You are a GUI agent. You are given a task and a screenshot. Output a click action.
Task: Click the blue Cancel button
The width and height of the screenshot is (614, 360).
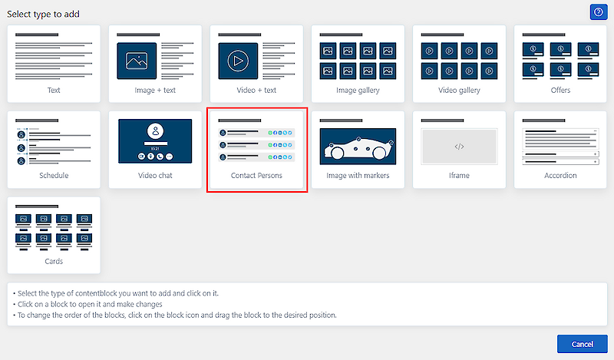point(583,344)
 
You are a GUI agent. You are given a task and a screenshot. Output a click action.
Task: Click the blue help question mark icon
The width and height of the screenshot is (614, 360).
point(599,12)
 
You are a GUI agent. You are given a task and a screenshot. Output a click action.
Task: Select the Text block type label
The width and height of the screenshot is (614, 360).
point(54,90)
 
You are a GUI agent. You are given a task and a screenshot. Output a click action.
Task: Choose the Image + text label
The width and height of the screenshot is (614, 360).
point(155,90)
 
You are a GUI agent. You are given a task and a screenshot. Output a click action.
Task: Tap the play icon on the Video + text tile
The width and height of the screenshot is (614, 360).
point(238,61)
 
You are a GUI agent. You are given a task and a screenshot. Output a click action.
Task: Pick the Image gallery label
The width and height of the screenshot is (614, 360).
point(358,90)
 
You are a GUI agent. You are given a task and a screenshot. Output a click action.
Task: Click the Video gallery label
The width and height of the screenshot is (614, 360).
point(459,90)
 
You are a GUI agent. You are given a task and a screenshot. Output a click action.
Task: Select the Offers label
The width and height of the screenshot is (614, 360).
point(560,90)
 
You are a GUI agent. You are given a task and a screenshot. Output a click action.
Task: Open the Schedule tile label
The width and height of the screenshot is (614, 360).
point(54,176)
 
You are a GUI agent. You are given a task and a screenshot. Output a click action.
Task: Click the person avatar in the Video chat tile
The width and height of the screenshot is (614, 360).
point(156,130)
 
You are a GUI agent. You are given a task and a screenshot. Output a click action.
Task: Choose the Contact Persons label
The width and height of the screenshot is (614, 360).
point(256,176)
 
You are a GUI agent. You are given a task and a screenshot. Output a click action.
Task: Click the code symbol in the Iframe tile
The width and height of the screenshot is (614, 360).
point(459,147)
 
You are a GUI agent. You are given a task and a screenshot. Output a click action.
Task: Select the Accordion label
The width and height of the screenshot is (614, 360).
point(560,176)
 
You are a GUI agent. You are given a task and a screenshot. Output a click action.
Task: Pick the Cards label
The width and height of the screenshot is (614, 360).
point(54,261)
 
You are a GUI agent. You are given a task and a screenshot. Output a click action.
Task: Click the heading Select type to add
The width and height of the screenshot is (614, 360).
point(43,14)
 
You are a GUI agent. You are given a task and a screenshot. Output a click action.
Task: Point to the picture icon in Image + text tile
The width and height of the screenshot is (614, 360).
point(137,61)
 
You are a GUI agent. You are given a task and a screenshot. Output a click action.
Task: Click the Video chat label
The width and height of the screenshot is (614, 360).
point(155,176)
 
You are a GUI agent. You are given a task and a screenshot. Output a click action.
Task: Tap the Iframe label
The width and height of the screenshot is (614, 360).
point(459,176)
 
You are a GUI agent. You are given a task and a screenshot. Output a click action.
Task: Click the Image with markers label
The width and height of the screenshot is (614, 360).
point(358,176)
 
